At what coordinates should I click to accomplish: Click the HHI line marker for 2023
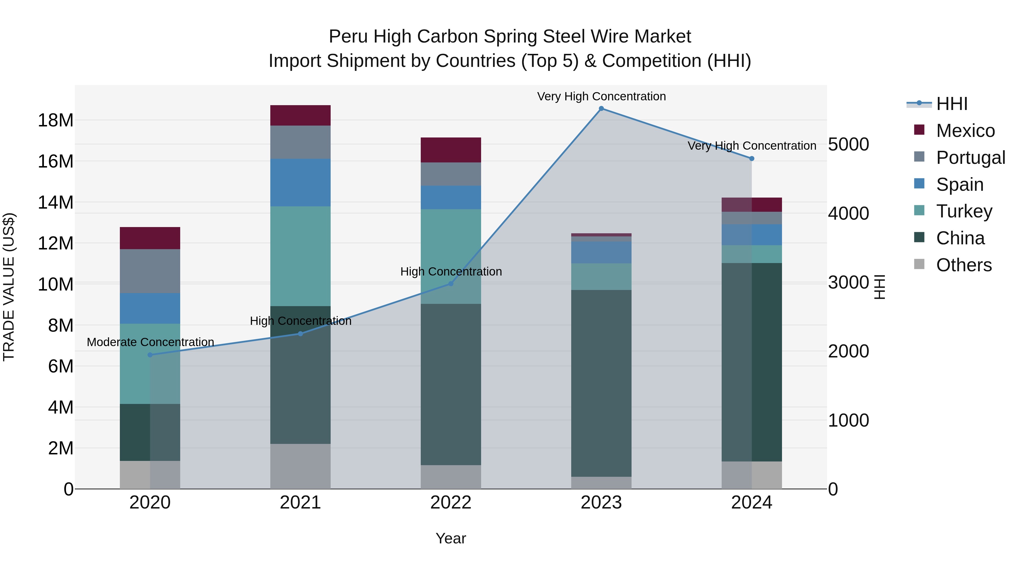pyautogui.click(x=601, y=109)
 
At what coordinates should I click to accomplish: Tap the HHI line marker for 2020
pyautogui.click(x=150, y=355)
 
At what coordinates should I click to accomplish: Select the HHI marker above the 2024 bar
pyautogui.click(x=751, y=158)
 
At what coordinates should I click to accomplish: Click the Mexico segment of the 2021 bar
pyautogui.click(x=300, y=115)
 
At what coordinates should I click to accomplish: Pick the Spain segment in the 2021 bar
pyautogui.click(x=300, y=183)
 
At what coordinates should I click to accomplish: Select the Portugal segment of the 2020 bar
pyautogui.click(x=150, y=271)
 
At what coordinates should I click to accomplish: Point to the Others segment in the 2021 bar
pyautogui.click(x=300, y=466)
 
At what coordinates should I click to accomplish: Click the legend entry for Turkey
pyautogui.click(x=964, y=211)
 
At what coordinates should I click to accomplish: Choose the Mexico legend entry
pyautogui.click(x=965, y=131)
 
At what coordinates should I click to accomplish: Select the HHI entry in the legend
pyautogui.click(x=951, y=104)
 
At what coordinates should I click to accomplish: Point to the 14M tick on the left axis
pyautogui.click(x=56, y=202)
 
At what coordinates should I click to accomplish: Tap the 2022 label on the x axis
pyautogui.click(x=450, y=503)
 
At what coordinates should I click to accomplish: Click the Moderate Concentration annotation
pyautogui.click(x=150, y=342)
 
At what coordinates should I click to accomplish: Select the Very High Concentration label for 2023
pyautogui.click(x=601, y=96)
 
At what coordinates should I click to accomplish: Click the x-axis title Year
pyautogui.click(x=450, y=538)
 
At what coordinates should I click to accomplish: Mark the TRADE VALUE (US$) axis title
pyautogui.click(x=9, y=287)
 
